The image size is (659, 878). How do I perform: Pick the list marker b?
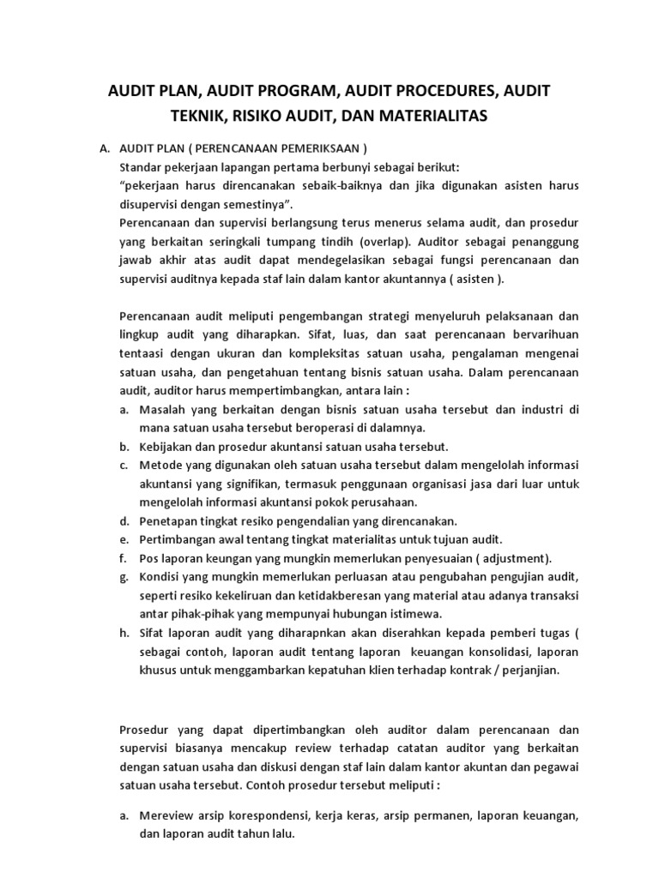(x=124, y=447)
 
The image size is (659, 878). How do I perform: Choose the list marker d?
(x=124, y=521)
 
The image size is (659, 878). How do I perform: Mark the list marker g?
(x=124, y=577)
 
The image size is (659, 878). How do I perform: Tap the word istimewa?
(x=411, y=614)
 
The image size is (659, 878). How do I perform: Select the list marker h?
(x=124, y=633)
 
